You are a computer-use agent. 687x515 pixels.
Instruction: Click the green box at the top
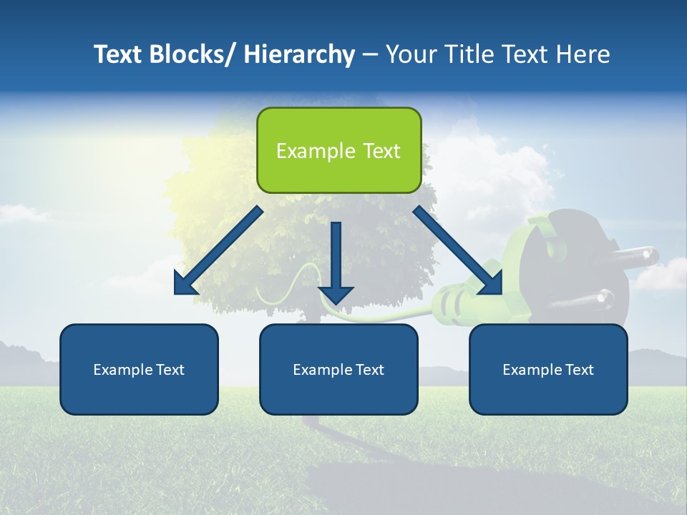tap(338, 150)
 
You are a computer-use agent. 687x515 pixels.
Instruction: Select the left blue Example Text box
tap(139, 369)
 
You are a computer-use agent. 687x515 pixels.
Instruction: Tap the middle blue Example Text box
tap(338, 369)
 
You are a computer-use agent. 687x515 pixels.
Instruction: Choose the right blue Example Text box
tap(548, 369)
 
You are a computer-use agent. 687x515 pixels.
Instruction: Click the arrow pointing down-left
tap(218, 250)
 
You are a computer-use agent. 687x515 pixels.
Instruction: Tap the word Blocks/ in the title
tap(193, 54)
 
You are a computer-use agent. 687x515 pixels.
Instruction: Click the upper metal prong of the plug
tap(633, 256)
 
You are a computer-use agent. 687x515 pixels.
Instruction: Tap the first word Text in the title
tap(120, 54)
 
